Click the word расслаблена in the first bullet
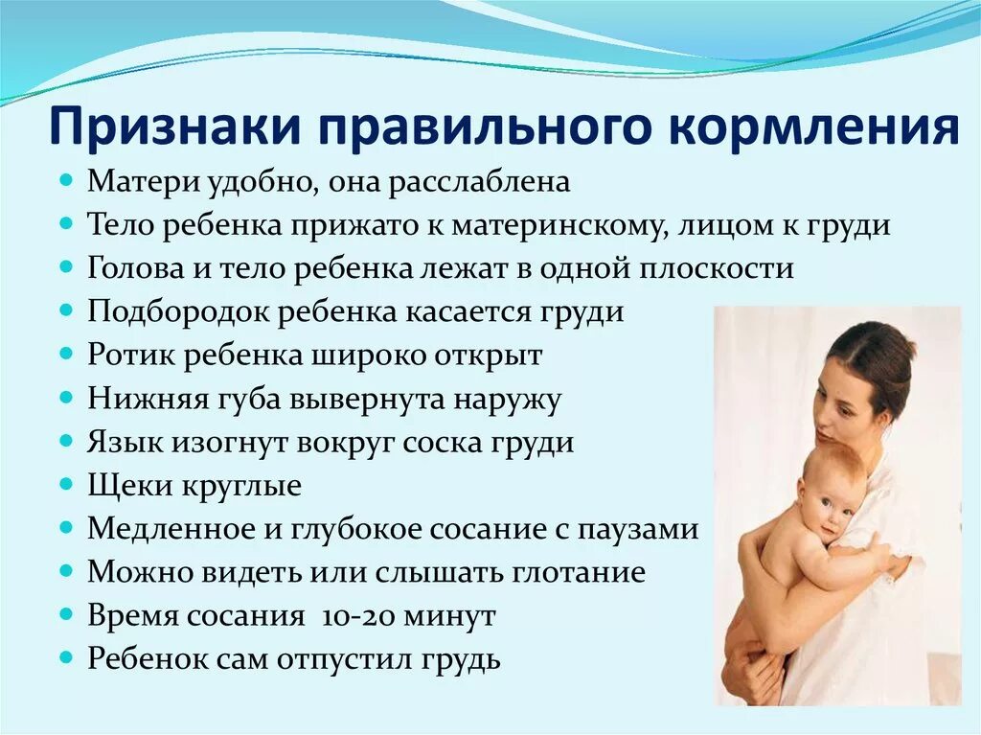[477, 182]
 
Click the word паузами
[640, 530]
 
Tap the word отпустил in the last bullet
[332, 660]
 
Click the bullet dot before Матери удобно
[66, 180]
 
